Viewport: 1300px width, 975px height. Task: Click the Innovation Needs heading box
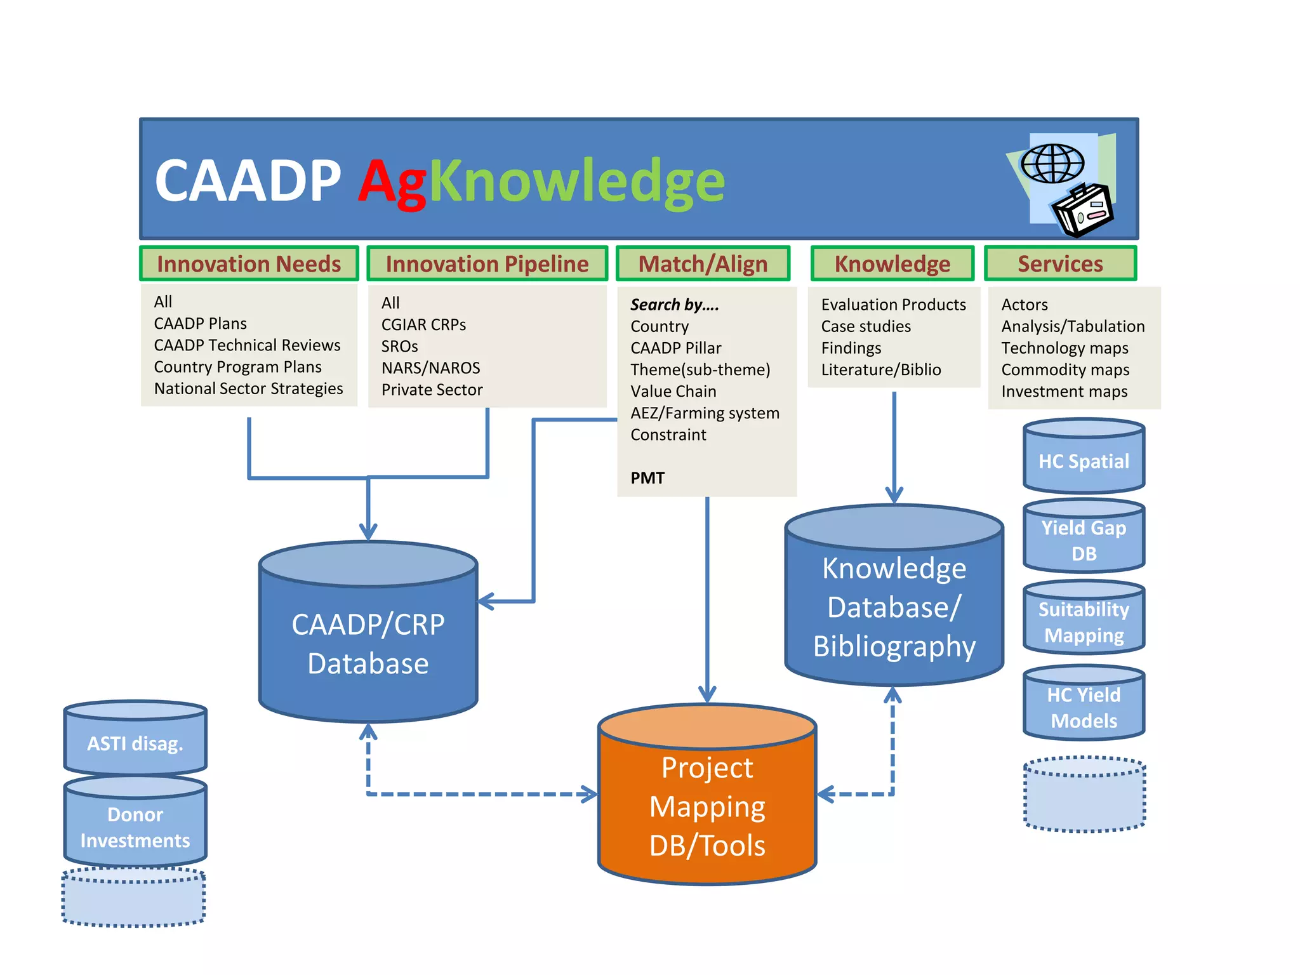pyautogui.click(x=249, y=263)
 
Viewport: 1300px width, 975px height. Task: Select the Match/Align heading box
pyautogui.click(x=703, y=263)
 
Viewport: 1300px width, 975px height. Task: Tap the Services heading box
pyautogui.click(x=1060, y=263)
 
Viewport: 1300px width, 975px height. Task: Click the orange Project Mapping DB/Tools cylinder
pyautogui.click(x=707, y=806)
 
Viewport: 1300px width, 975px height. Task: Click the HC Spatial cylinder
pyautogui.click(x=1084, y=461)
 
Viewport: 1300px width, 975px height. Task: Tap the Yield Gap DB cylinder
pyautogui.click(x=1084, y=540)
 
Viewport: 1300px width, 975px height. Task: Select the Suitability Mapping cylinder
pyautogui.click(x=1084, y=622)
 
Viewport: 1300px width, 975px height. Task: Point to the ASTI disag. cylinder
pyautogui.click(x=135, y=743)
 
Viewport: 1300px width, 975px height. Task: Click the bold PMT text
pyautogui.click(x=647, y=478)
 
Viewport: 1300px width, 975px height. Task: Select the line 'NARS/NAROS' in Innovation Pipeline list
pyautogui.click(x=430, y=368)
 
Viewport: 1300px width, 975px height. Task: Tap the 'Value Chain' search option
pyautogui.click(x=673, y=392)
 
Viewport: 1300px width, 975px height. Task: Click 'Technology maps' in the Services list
pyautogui.click(x=1065, y=348)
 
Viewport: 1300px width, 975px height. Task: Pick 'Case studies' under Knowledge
pyautogui.click(x=866, y=327)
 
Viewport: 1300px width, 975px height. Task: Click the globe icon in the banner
pyautogui.click(x=1052, y=164)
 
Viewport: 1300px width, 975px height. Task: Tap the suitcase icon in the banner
pyautogui.click(x=1083, y=212)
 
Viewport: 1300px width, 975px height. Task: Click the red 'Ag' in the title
pyautogui.click(x=392, y=183)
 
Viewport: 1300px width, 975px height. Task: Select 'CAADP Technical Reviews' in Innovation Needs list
pyautogui.click(x=247, y=345)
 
